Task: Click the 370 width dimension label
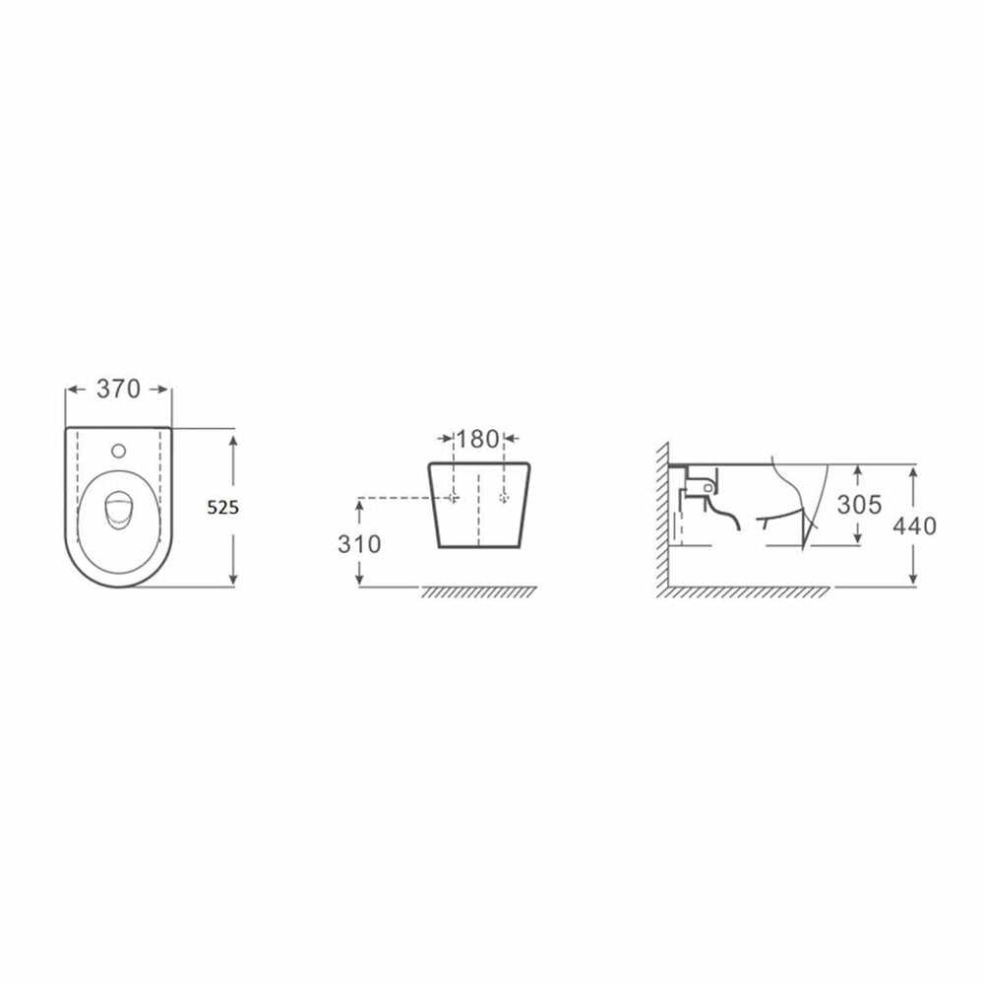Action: click(118, 389)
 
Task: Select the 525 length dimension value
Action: click(222, 507)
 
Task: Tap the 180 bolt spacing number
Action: click(477, 439)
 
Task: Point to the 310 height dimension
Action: click(359, 544)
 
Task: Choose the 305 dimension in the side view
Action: click(859, 504)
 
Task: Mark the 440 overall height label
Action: click(914, 525)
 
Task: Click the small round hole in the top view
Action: click(118, 451)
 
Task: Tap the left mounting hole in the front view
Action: click(453, 498)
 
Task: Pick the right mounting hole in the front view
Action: click(503, 498)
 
